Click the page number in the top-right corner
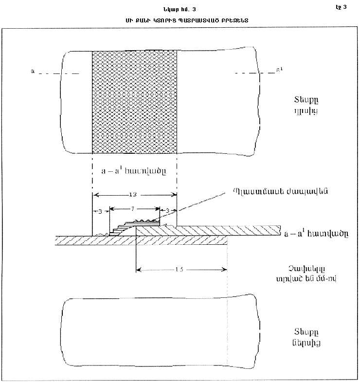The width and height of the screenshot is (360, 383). pyautogui.click(x=342, y=7)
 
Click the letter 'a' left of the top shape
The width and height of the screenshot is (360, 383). pyautogui.click(x=32, y=72)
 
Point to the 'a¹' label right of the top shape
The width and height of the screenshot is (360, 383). pyautogui.click(x=279, y=71)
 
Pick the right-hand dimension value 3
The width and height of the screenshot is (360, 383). pyautogui.click(x=168, y=210)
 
